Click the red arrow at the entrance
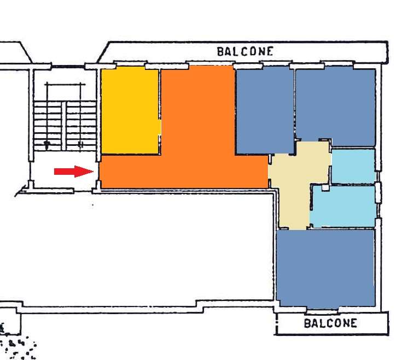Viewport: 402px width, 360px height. click(74, 172)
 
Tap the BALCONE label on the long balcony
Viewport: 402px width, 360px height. click(245, 51)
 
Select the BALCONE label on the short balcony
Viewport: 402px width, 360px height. click(330, 323)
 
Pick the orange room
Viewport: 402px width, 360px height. click(185, 143)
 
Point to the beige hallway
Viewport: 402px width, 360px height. click(298, 179)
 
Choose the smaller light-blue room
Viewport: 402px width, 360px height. click(353, 167)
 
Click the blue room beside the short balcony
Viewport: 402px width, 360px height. click(325, 268)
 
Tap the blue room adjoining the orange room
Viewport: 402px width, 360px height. click(265, 110)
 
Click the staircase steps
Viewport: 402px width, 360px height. click(65, 126)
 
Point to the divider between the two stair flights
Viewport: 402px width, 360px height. click(64, 126)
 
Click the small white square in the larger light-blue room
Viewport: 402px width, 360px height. click(325, 188)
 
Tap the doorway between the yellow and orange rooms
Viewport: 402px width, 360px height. click(160, 127)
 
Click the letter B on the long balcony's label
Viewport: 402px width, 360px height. click(220, 52)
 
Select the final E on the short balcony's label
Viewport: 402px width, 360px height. click(353, 323)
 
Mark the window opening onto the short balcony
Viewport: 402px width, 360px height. click(322, 310)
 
